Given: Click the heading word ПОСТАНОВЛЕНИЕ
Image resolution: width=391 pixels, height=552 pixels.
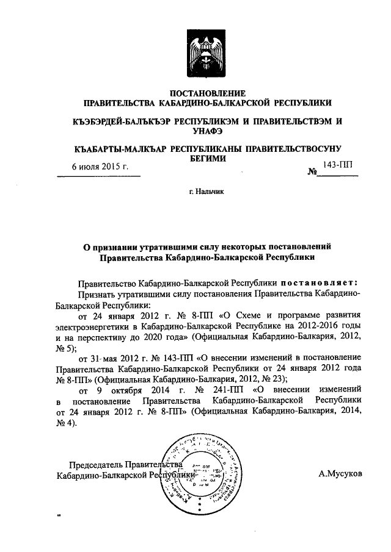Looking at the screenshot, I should [207, 93].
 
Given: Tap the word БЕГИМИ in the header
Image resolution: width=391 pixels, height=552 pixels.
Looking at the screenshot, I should [207, 159].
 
